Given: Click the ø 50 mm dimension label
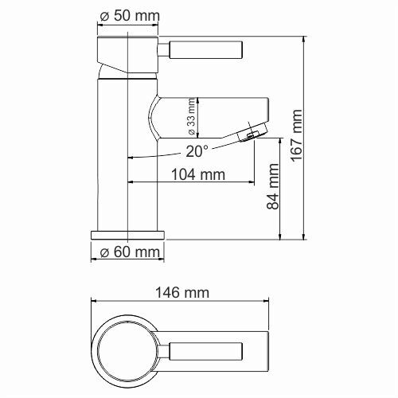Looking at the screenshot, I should tap(130, 16).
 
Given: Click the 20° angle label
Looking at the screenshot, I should tap(197, 150).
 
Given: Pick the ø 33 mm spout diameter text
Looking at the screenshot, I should tap(191, 115).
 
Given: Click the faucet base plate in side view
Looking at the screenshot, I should tap(128, 236).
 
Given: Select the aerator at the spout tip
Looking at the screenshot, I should tap(252, 131).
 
